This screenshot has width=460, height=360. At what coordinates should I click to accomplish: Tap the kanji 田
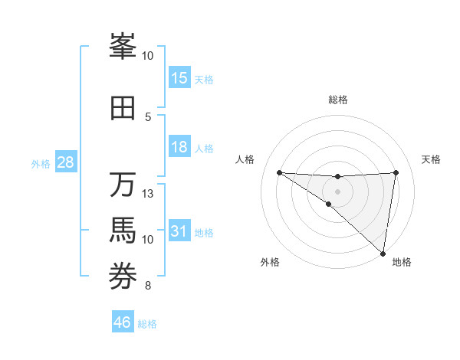click(x=123, y=108)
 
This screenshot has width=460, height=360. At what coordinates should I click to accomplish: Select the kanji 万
click(x=123, y=185)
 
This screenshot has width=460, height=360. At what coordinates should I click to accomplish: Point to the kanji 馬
click(x=123, y=231)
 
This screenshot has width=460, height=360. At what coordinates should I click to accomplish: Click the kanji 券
click(x=123, y=277)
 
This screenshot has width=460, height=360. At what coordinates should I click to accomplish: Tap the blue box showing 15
click(x=179, y=78)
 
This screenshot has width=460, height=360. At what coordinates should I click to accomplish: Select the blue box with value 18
click(x=179, y=147)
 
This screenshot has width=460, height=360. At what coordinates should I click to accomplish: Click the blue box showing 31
click(x=179, y=231)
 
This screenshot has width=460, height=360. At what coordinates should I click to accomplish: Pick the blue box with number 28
click(x=66, y=162)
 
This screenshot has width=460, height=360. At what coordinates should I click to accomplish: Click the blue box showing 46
click(x=123, y=322)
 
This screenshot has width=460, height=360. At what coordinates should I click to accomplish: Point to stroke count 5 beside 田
click(x=148, y=116)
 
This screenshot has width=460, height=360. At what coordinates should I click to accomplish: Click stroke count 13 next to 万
click(x=148, y=193)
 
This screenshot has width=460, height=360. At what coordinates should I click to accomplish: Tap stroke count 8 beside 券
click(x=148, y=286)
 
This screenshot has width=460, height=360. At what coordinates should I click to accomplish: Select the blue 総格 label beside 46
click(x=147, y=324)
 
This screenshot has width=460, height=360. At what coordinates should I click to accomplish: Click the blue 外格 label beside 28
click(x=41, y=163)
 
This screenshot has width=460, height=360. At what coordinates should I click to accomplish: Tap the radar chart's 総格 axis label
click(x=337, y=100)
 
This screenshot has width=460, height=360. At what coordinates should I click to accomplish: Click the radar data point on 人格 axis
click(x=279, y=172)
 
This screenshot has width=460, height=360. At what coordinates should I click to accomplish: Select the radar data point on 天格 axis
click(x=396, y=172)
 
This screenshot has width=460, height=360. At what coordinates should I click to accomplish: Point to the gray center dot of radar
click(x=337, y=190)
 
